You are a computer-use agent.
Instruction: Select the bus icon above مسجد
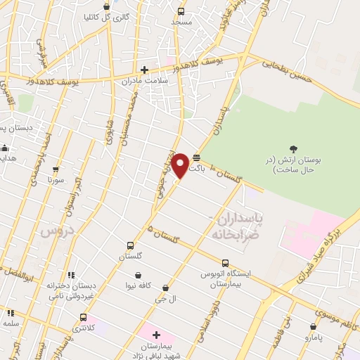[181, 11]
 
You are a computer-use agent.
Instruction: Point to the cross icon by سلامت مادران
[145, 69]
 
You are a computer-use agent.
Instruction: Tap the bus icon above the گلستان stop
[130, 245]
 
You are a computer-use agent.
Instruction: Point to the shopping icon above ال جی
[165, 288]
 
